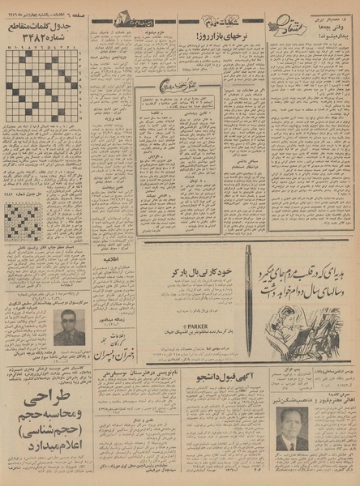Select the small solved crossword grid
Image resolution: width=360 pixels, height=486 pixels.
(24, 220)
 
